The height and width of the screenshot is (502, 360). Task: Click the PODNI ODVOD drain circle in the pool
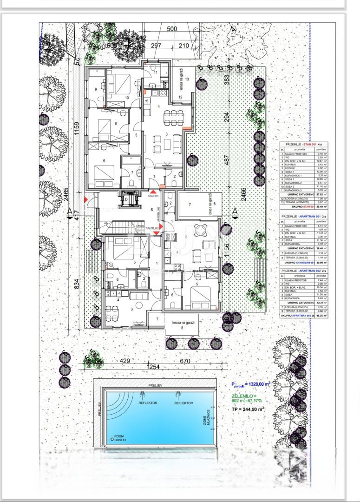(111, 438)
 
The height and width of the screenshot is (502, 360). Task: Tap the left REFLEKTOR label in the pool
(148, 403)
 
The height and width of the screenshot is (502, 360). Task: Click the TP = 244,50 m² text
(248, 409)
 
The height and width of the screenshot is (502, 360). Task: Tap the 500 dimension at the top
(172, 29)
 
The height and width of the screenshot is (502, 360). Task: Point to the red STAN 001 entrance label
(153, 197)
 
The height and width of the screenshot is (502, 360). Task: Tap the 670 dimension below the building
(185, 361)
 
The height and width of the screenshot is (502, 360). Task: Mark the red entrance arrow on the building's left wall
(85, 199)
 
